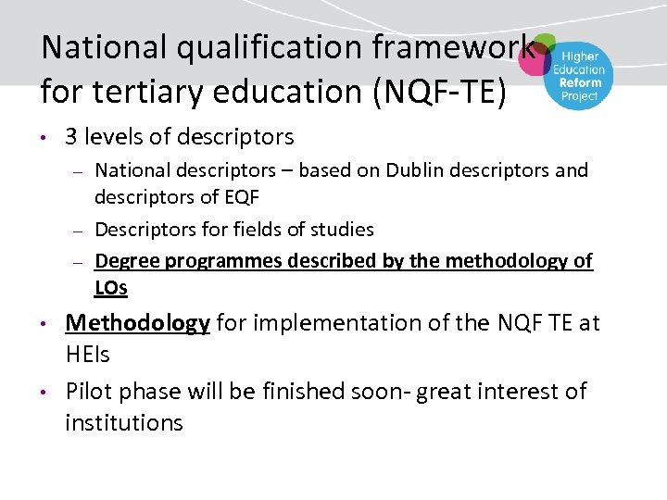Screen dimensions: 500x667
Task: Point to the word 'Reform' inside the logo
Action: (580, 82)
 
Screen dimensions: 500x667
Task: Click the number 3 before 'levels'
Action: (71, 137)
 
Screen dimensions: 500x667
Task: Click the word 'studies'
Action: (340, 229)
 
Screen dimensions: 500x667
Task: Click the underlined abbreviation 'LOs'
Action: (111, 288)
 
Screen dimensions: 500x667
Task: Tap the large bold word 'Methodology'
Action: (138, 323)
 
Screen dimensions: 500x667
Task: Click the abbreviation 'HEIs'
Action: (89, 355)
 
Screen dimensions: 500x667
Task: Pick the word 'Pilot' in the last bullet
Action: (89, 391)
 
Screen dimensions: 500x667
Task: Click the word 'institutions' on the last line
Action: (124, 423)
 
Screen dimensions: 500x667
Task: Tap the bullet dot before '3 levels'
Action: (44, 139)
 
